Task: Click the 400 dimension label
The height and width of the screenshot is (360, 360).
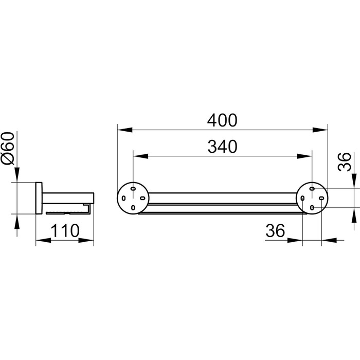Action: pos(222,120)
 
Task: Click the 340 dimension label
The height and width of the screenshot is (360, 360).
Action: pos(222,147)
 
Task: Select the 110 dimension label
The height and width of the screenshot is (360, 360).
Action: pos(65,231)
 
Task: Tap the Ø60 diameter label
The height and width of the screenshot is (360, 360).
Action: pos(8,148)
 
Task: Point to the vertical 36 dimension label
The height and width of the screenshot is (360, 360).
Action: pos(345,162)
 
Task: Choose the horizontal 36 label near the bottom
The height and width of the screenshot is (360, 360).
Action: pos(275,231)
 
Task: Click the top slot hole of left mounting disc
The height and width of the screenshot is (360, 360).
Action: pos(133,189)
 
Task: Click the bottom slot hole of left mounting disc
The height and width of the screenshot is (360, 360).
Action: pos(133,208)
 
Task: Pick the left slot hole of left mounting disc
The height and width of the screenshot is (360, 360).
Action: pos(123,198)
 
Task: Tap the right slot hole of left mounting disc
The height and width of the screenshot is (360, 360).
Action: pos(142,198)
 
